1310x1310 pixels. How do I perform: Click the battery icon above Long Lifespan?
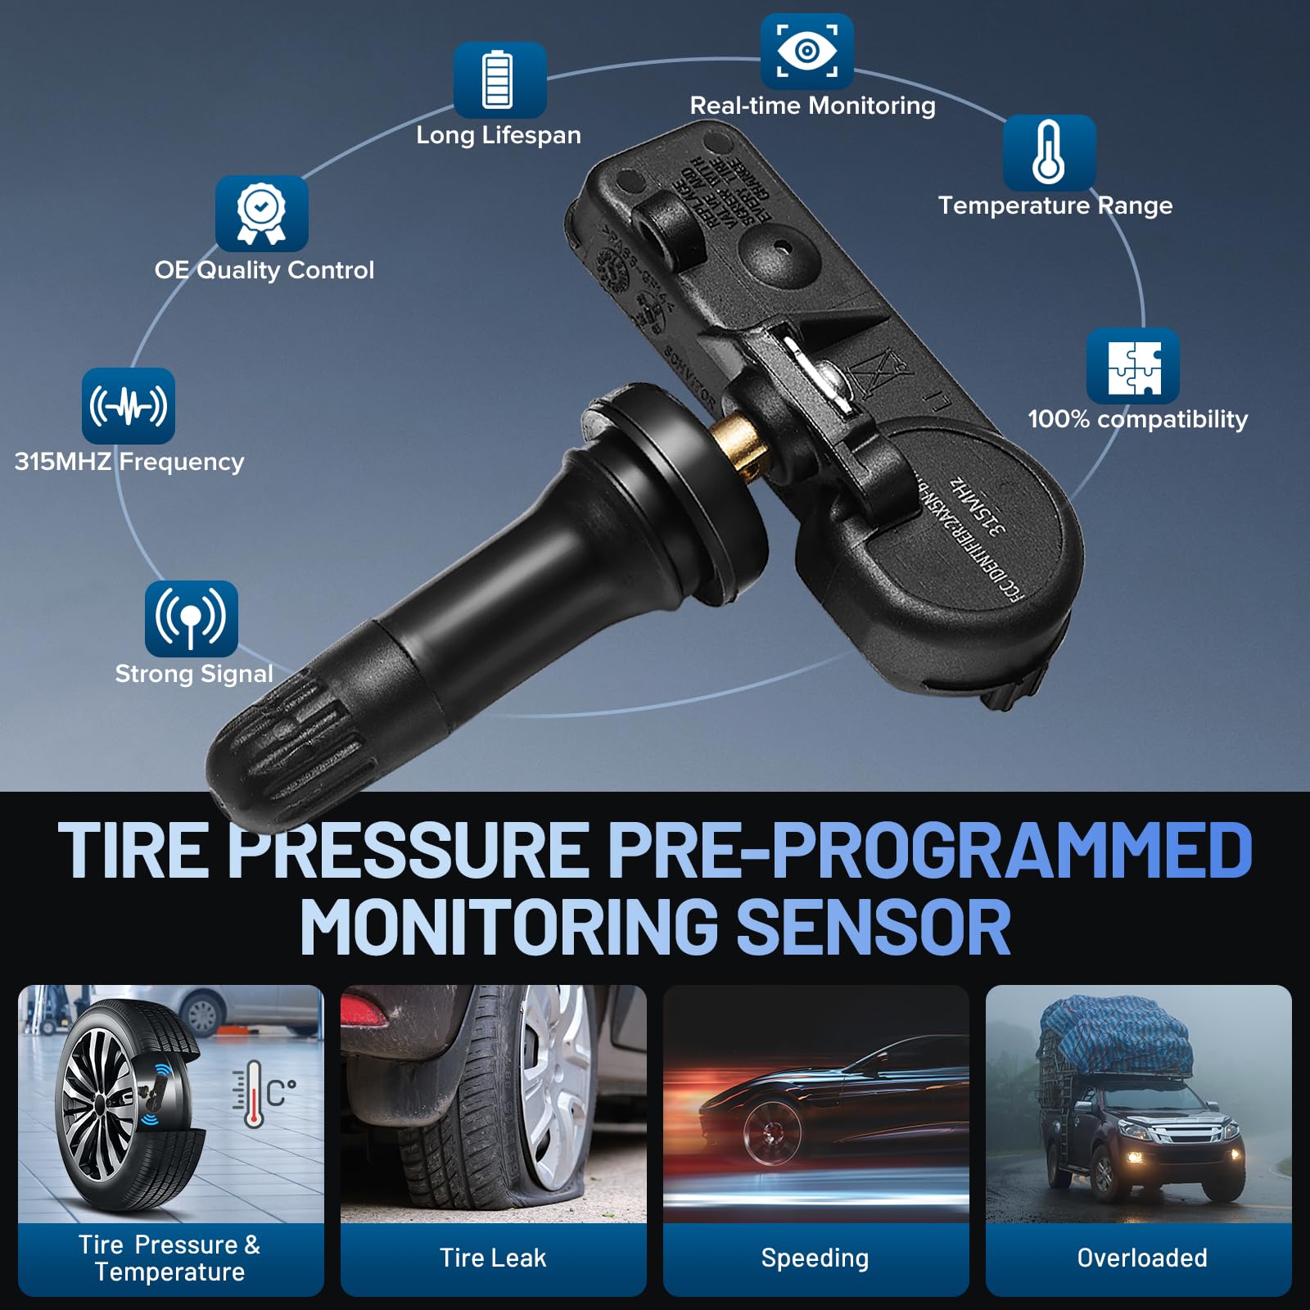coord(499,79)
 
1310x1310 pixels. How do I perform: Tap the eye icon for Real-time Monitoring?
coord(806,51)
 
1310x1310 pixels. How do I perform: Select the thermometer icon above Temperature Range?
coord(1049,152)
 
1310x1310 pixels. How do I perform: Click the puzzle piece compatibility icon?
coord(1133,367)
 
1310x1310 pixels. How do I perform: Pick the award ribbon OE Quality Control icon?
coord(261,213)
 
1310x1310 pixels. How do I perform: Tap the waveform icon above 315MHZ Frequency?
coord(129,405)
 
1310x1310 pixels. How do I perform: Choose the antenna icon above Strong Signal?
coord(191,618)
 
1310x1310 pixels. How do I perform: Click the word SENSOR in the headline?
coord(874,927)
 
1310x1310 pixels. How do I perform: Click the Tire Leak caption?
coord(493,1258)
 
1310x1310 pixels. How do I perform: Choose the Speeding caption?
coord(815,1258)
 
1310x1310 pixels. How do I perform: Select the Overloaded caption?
coord(1141,1258)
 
